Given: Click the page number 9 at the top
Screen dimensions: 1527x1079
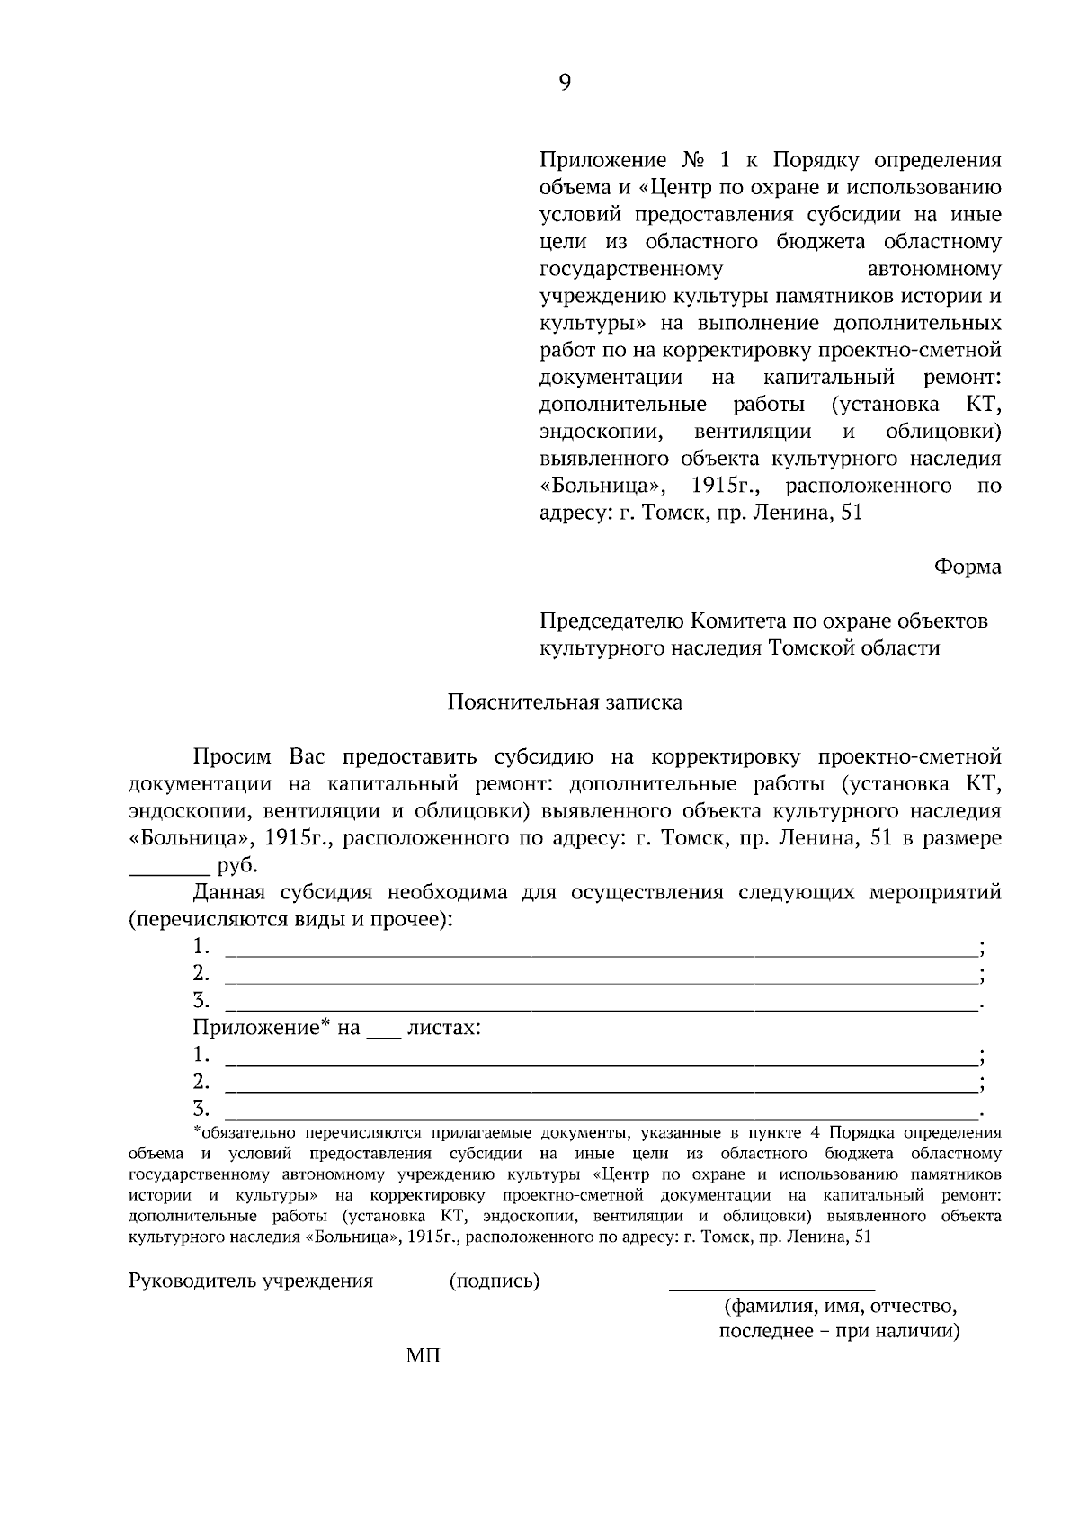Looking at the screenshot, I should (565, 83).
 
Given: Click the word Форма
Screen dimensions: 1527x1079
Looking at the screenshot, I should (968, 567).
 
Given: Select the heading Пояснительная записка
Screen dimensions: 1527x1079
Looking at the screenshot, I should (565, 702).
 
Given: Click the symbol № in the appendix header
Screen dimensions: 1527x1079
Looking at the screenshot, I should (691, 161).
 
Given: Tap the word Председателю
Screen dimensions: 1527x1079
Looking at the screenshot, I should (611, 621).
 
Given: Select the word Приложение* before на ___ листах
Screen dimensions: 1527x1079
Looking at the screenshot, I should (263, 1028).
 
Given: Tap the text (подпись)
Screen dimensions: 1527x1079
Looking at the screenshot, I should (494, 1281).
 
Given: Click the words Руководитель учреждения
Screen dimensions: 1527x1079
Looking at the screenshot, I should (251, 1281).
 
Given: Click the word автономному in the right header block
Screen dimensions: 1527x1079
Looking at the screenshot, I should (934, 270).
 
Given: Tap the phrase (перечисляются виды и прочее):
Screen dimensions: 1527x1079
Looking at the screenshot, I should (290, 920).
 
